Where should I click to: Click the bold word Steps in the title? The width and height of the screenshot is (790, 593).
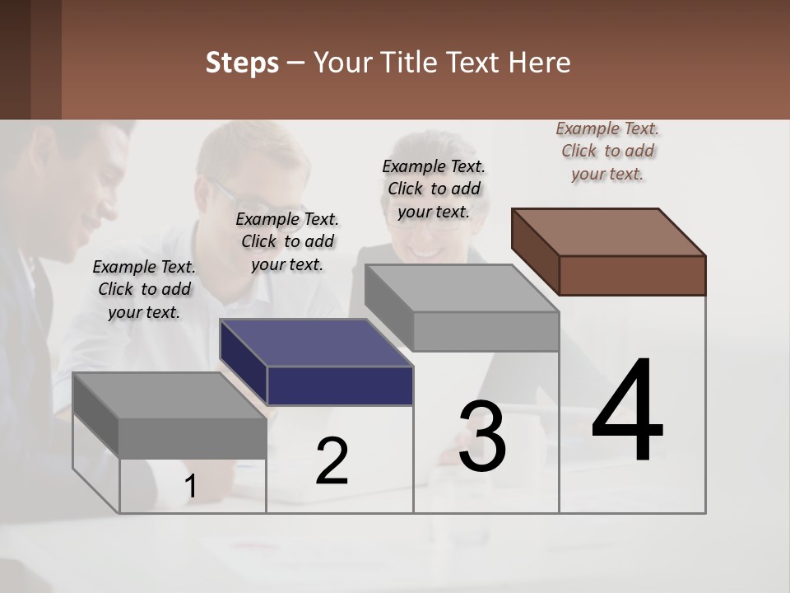(242, 63)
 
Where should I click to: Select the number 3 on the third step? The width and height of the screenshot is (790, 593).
(482, 437)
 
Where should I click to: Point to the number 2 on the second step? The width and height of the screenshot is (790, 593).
(332, 461)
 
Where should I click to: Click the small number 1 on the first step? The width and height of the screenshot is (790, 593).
(190, 487)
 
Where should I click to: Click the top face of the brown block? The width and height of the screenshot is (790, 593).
(607, 231)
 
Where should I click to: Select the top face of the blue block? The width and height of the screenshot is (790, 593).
(315, 342)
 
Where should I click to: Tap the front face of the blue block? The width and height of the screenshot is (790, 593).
(340, 385)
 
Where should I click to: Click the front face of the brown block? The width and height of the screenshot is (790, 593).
(632, 275)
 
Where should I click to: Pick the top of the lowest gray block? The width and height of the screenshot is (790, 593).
(170, 395)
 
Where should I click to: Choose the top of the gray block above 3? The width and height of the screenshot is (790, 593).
(461, 287)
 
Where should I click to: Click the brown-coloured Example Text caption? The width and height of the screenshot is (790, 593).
(607, 151)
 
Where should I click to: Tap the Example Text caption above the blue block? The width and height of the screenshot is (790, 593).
(287, 241)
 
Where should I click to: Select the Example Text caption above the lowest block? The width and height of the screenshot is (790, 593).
(144, 289)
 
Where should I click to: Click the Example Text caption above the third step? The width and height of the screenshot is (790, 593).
(434, 189)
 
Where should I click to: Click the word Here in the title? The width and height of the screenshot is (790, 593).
(540, 63)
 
